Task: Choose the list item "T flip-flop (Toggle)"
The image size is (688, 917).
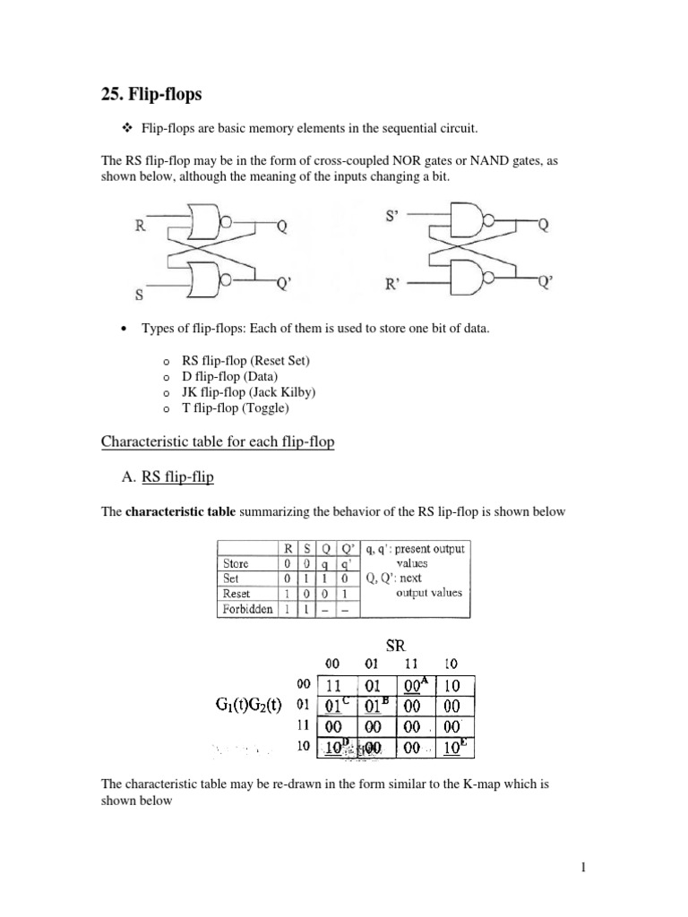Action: click(236, 408)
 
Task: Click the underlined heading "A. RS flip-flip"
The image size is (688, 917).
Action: click(176, 477)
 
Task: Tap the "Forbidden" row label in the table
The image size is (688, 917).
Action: click(246, 609)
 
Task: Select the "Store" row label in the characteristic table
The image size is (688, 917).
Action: click(236, 563)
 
